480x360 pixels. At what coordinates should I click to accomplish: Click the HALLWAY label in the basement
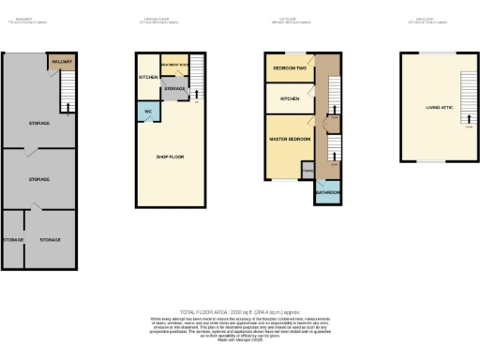point(61,62)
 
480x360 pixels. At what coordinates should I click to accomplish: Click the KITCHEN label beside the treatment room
point(147,77)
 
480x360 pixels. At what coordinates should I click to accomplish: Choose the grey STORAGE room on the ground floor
point(175,89)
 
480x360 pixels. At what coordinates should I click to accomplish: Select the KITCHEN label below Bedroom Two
point(289,97)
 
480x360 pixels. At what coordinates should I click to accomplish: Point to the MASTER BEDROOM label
point(289,140)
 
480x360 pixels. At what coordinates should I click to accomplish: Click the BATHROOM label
point(327,192)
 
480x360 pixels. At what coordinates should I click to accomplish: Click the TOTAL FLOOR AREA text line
point(240,310)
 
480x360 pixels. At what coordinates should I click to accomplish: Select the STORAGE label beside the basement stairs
point(38,123)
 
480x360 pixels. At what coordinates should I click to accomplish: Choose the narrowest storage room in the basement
point(12,240)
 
